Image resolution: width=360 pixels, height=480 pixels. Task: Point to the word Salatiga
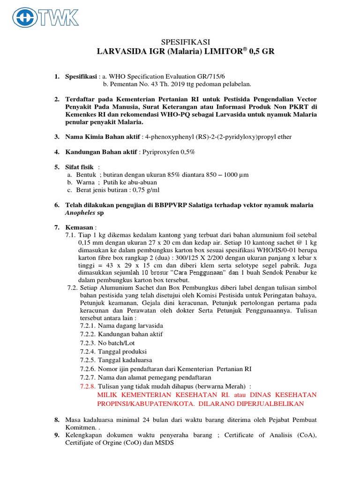[x=202, y=205]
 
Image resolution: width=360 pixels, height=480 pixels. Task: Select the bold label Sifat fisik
[x=79, y=167]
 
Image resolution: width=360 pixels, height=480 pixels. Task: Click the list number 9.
[x=56, y=435]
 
